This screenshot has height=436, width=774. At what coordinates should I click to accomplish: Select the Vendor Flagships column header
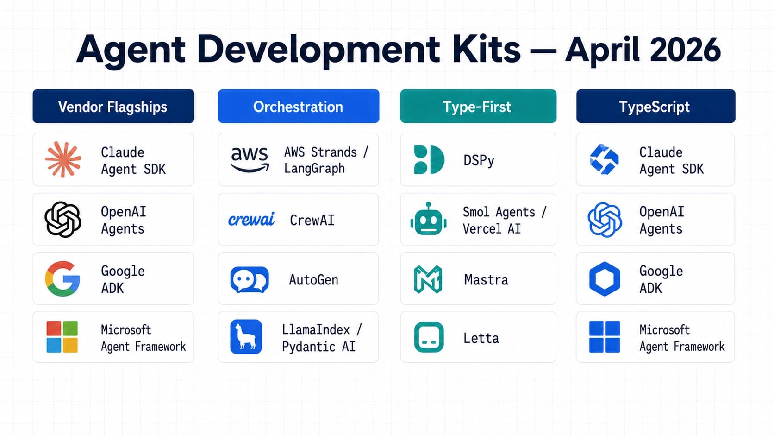tap(113, 107)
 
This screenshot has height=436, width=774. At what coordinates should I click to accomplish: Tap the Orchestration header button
tap(298, 107)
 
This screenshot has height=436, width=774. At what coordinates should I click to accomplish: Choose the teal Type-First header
tap(478, 107)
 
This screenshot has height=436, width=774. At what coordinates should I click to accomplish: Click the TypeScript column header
tap(655, 107)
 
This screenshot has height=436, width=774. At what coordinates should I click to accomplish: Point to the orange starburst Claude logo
tap(63, 160)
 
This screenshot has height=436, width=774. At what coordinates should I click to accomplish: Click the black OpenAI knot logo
tap(63, 220)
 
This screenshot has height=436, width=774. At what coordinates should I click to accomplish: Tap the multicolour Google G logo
tap(62, 278)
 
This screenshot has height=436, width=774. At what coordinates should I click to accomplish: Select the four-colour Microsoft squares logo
tap(62, 337)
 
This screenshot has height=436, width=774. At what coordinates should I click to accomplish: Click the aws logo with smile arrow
tap(250, 159)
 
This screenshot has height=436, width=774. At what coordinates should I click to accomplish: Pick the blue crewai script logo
tap(251, 220)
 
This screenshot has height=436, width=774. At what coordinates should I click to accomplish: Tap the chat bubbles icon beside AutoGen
tap(250, 279)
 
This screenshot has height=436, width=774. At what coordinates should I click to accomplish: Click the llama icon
tap(246, 337)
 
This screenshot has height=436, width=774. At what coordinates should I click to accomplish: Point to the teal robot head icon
tap(429, 220)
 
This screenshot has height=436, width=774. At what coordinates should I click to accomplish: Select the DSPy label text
tap(479, 160)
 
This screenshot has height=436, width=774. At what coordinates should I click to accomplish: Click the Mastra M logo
tap(428, 279)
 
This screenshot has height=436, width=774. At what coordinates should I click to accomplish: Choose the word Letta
tap(481, 338)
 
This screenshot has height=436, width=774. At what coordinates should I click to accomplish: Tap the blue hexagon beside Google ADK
tap(604, 279)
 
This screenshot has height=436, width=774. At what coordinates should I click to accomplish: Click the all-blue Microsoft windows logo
tap(604, 337)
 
